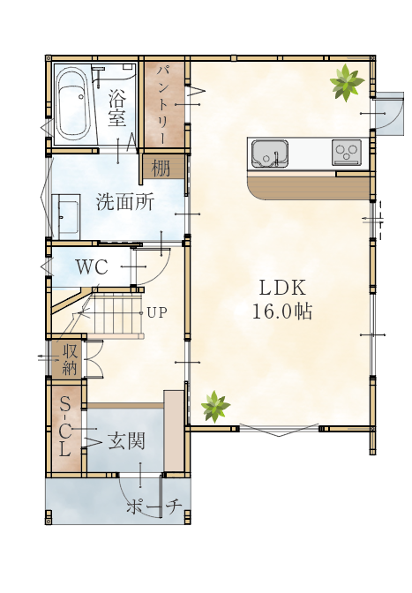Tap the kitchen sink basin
tap(269, 153)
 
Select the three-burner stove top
tap(346, 152)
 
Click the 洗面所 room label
tap(125, 202)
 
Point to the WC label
tap(92, 267)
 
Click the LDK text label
tap(282, 289)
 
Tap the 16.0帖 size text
tap(282, 312)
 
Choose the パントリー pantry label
tap(163, 105)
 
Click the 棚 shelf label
tap(161, 168)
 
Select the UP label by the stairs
tap(156, 312)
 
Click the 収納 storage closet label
tap(70, 359)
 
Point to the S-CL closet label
tap(65, 428)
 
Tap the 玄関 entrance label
tap(126, 440)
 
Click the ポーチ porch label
tap(154, 507)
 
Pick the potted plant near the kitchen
tap(346, 83)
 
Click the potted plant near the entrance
tap(215, 407)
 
